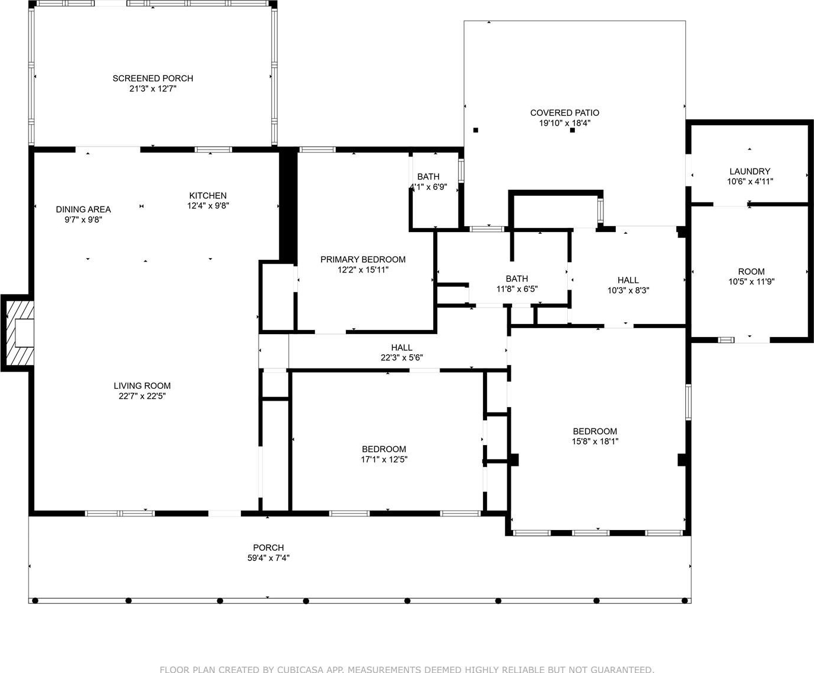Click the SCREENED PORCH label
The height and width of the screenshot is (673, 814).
(153, 78)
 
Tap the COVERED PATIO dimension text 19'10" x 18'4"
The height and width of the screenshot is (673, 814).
(564, 123)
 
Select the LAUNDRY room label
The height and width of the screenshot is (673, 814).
(750, 171)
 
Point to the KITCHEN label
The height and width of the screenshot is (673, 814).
(208, 195)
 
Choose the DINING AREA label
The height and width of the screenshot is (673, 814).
(84, 209)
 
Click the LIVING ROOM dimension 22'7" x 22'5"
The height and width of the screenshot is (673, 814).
(142, 396)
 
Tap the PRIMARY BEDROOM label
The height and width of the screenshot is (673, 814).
(363, 259)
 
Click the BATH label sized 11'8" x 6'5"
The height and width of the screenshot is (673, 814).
(517, 279)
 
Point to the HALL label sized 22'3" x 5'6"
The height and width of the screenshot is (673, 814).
(402, 347)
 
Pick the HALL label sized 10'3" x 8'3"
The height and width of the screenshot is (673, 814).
(628, 280)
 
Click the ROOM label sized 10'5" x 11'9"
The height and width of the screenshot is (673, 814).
(751, 271)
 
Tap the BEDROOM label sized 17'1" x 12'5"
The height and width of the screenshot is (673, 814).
(384, 449)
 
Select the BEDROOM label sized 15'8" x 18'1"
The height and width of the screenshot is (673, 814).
(595, 431)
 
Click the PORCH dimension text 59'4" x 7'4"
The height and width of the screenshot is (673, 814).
(269, 558)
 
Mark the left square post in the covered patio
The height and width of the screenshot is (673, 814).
(476, 130)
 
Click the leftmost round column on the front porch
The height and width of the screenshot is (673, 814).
(35, 601)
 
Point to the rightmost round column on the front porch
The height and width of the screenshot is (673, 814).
(685, 601)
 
